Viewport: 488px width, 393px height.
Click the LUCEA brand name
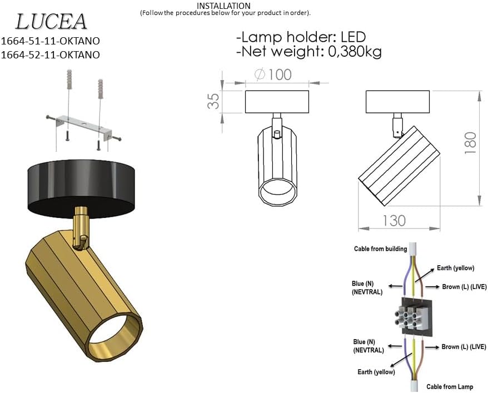[51, 22]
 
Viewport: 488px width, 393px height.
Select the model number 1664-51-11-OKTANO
[51, 41]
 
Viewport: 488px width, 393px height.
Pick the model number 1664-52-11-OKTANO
[51, 54]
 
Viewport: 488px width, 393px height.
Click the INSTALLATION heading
[223, 6]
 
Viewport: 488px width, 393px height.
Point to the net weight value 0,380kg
[355, 52]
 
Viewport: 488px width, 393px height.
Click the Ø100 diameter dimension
[273, 74]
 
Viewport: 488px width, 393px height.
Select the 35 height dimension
[213, 101]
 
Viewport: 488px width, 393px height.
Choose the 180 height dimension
[470, 143]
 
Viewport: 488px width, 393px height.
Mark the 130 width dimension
[394, 221]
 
